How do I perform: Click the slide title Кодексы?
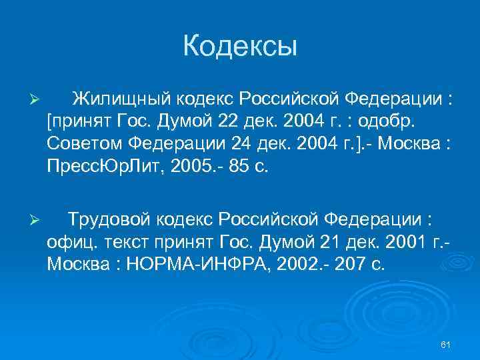coord(239,47)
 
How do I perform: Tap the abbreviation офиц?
coord(68,242)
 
